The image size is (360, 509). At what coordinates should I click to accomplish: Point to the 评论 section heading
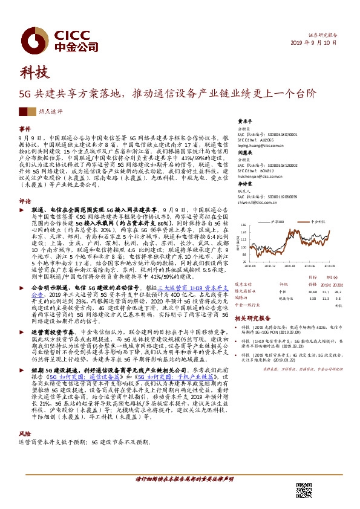25,184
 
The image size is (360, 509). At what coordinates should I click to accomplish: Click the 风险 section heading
25,433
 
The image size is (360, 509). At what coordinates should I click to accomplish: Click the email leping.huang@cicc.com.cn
257,146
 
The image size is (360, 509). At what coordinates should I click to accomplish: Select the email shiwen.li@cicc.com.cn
255,203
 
